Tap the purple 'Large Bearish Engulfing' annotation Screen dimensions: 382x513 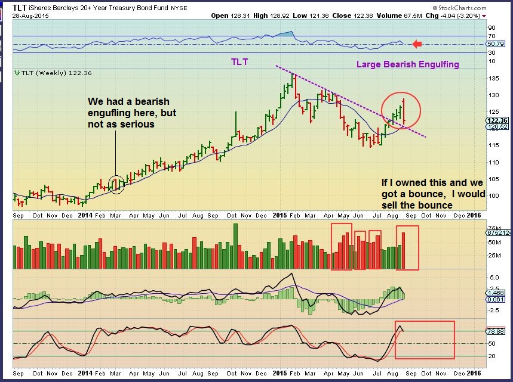[408, 64]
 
